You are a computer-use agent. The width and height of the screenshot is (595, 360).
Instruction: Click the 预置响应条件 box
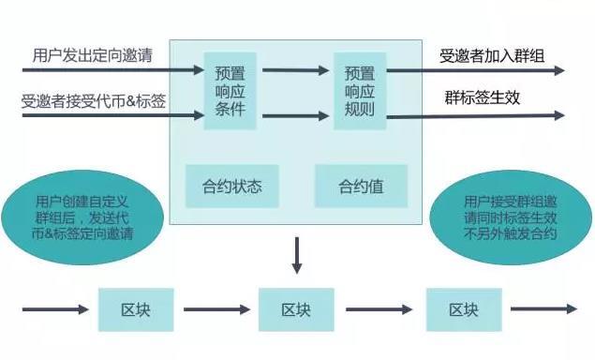[x=230, y=91]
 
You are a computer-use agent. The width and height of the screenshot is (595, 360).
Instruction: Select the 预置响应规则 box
[x=360, y=91]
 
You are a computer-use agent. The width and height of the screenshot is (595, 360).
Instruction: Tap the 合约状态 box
[x=231, y=187]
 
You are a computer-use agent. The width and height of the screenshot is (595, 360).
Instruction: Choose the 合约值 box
[x=361, y=187]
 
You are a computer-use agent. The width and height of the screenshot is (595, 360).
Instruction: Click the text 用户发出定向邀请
[x=92, y=57]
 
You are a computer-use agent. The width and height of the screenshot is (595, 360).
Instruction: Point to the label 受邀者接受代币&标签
[x=94, y=100]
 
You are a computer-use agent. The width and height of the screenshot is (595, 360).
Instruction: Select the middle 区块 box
[x=296, y=309]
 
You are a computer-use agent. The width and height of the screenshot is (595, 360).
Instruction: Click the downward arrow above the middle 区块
[x=296, y=255]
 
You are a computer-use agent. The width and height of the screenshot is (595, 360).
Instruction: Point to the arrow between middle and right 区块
[x=379, y=309]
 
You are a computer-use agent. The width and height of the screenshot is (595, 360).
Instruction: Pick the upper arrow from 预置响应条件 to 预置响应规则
[x=294, y=69]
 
